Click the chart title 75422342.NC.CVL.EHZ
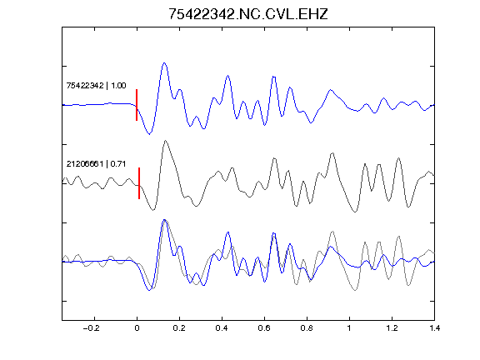[248, 14]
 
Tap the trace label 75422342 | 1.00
[96, 85]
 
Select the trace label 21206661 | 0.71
[96, 164]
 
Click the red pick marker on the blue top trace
[137, 105]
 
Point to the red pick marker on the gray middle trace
[139, 183]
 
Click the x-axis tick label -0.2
[91, 328]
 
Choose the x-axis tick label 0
[137, 328]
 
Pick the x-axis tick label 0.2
[179, 328]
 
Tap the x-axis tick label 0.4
[222, 328]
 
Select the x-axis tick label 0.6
[264, 328]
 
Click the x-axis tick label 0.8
[307, 328]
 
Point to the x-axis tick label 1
[349, 328]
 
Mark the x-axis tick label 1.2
[392, 328]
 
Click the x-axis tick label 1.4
[434, 328]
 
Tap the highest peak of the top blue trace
[164, 63]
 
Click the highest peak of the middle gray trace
[165, 141]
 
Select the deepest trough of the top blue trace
[149, 134]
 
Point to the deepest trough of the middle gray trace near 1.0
[355, 212]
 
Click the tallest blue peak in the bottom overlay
[164, 220]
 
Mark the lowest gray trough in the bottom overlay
[355, 290]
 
